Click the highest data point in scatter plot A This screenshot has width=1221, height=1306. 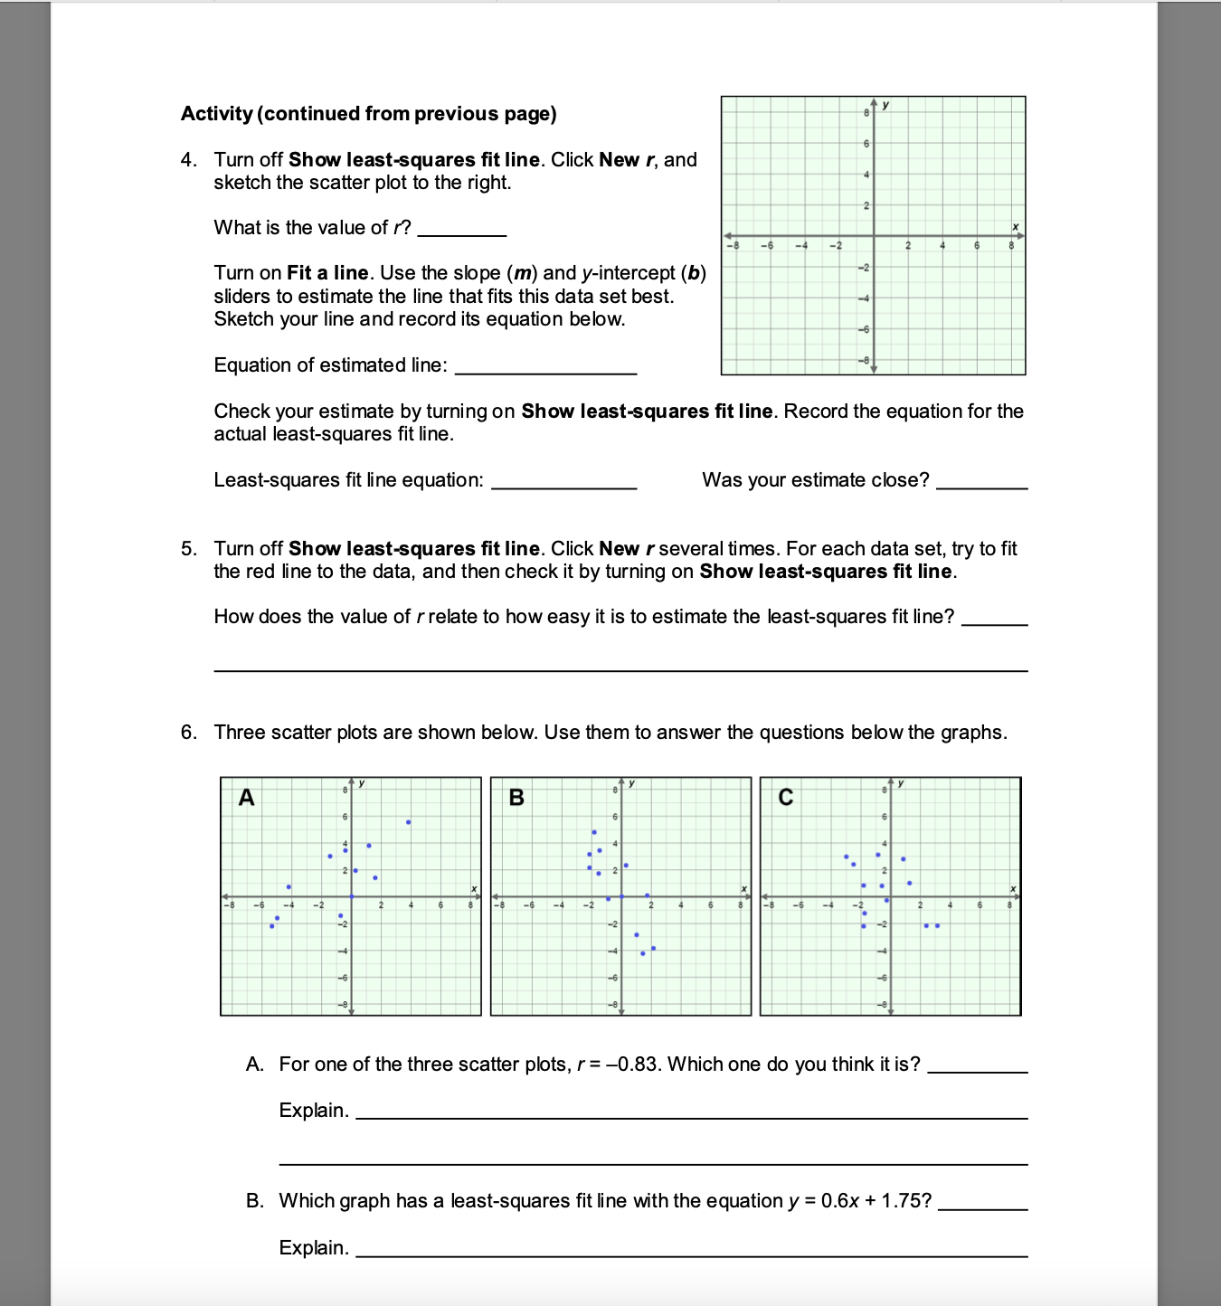[x=409, y=822]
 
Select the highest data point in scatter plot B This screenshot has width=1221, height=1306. [x=594, y=832]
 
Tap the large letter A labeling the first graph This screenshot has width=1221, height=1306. [x=246, y=798]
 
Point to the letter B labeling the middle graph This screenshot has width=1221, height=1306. [x=516, y=798]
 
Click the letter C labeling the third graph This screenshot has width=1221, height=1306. [x=785, y=798]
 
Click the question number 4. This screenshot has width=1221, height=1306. [x=187, y=160]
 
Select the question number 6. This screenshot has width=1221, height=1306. [x=187, y=733]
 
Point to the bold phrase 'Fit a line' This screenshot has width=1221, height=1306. [x=327, y=273]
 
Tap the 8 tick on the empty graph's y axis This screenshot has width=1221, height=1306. [x=866, y=112]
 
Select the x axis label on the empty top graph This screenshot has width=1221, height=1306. [x=1015, y=226]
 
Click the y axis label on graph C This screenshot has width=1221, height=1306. [x=901, y=783]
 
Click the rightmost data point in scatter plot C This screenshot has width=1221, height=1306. [x=937, y=925]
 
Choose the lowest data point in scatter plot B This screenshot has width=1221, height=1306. [x=643, y=953]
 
